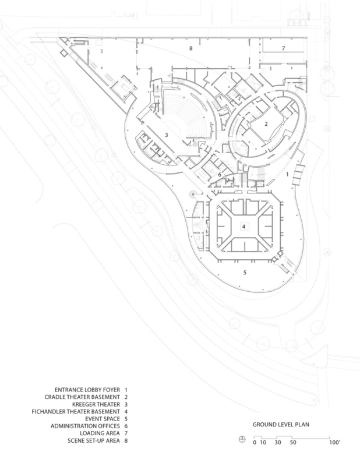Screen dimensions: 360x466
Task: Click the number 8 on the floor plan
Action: point(191,48)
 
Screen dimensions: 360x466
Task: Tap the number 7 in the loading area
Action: point(283,48)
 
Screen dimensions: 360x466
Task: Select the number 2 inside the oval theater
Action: point(266,124)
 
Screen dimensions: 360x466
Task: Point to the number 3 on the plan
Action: point(167,135)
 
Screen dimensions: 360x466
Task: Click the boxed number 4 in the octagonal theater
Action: point(243,227)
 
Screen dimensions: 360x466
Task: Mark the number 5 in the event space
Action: point(245,272)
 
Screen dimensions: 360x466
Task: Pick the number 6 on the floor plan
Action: point(220,175)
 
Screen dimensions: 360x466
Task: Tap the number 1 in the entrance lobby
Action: point(287,174)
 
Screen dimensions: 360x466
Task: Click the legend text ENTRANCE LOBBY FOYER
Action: point(87,390)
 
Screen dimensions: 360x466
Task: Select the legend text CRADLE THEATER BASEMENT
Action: point(82,397)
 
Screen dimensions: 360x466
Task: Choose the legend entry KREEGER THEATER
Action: point(96,404)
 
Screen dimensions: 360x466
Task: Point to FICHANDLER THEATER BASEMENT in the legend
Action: point(76,412)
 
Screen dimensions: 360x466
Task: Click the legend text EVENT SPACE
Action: point(103,419)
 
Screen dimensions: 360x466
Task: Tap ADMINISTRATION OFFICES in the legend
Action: point(85,426)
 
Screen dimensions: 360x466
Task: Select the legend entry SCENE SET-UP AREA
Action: point(94,440)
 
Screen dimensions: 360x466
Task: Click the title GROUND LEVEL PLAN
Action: point(281,425)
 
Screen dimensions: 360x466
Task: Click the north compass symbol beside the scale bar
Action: point(242,439)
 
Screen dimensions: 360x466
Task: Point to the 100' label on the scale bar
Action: point(334,442)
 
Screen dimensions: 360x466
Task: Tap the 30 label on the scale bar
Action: point(278,443)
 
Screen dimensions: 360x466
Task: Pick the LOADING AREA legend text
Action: point(100,433)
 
